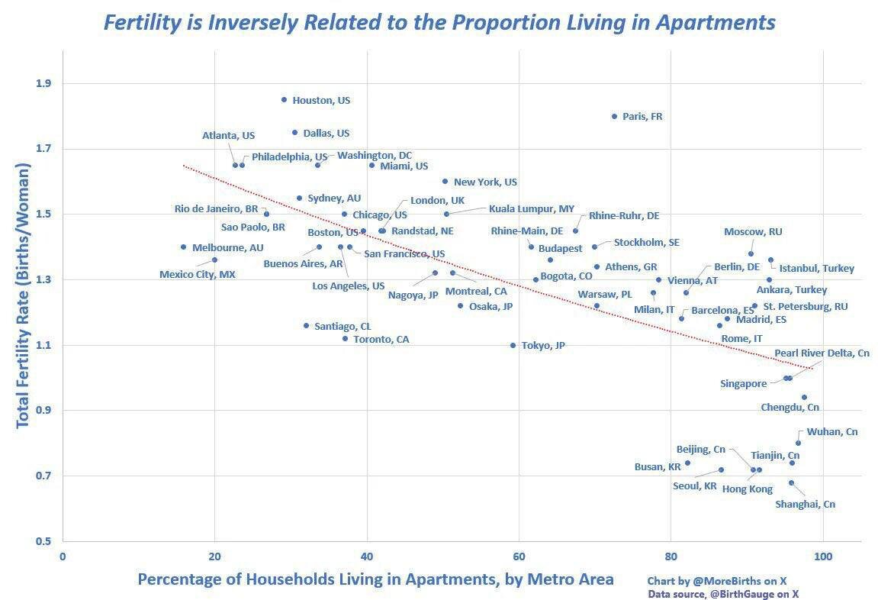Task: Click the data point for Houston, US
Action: (x=284, y=99)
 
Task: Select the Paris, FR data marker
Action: (x=614, y=116)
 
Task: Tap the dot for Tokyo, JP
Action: (x=513, y=345)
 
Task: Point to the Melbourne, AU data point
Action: (x=183, y=247)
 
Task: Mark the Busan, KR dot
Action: (x=687, y=463)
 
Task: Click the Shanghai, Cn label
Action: (x=805, y=504)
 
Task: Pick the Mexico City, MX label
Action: (x=197, y=274)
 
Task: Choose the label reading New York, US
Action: (x=485, y=182)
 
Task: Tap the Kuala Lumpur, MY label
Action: (x=531, y=208)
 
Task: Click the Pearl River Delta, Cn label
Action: (x=822, y=353)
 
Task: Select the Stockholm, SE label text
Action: (x=646, y=242)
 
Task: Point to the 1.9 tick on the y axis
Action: (x=44, y=83)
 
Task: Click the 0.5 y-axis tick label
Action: (x=44, y=541)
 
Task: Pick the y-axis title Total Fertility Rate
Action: (x=23, y=296)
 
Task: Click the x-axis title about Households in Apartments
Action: (x=375, y=579)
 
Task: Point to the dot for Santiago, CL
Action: (x=306, y=325)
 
